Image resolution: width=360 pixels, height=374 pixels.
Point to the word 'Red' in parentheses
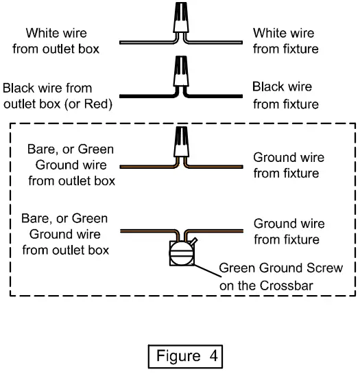(x=97, y=104)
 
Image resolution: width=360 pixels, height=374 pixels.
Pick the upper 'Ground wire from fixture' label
(x=289, y=165)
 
